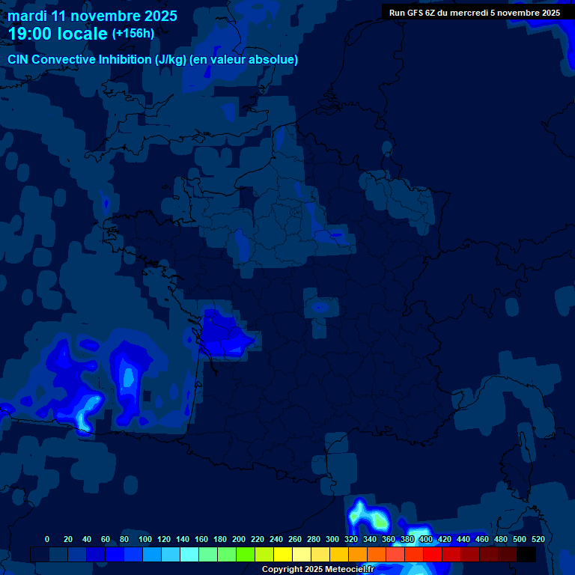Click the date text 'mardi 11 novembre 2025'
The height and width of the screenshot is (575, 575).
(92, 16)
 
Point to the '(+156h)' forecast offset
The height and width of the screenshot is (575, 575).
(133, 34)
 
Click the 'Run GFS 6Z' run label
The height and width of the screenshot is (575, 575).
(415, 13)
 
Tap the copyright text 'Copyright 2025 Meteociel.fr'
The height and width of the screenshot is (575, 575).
(317, 570)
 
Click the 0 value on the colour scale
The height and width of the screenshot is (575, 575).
(47, 539)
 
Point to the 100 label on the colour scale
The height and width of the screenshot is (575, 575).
(145, 539)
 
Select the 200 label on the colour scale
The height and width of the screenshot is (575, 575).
(239, 539)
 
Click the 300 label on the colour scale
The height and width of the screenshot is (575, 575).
(332, 539)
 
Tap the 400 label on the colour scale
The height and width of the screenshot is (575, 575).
(426, 539)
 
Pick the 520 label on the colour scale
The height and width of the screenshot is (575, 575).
(538, 539)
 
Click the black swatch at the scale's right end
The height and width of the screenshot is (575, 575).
(526, 554)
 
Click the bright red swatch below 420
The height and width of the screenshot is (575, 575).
(433, 554)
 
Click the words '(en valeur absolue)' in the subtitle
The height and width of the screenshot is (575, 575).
(246, 60)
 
